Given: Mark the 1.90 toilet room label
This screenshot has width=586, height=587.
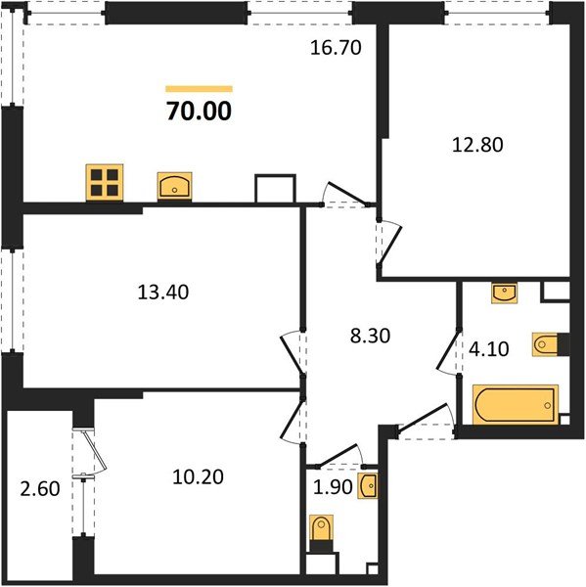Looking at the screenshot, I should coord(334,484).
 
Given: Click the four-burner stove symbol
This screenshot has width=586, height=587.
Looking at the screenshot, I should coord(104,183).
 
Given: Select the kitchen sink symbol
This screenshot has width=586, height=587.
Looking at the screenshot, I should coord(175,184).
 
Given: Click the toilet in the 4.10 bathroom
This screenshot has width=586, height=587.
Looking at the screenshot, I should coord(547,344).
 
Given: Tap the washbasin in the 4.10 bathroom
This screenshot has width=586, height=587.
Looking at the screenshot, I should coord(502,291).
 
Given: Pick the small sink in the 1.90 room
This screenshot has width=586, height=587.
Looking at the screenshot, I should coord(367,484).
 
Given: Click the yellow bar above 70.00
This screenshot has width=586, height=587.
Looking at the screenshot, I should coord(200,88).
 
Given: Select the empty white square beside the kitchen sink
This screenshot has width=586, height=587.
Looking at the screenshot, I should coord(274,189).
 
